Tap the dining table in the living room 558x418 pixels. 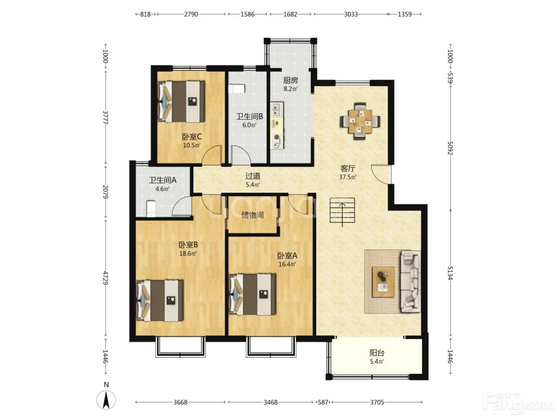tap(360, 121)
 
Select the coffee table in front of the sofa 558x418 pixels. tap(383, 282)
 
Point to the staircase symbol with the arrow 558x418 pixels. tap(342, 211)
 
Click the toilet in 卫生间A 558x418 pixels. tap(151, 209)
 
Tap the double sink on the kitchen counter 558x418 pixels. tap(277, 109)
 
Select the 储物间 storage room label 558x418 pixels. tap(252, 215)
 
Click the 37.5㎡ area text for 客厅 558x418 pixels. tap(348, 177)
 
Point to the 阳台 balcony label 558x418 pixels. tap(377, 353)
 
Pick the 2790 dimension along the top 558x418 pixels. tap(191, 14)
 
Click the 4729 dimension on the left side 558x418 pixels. tap(106, 278)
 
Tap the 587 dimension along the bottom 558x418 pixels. tap(323, 402)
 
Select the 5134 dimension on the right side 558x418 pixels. tap(450, 273)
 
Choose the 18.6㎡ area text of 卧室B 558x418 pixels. tap(188, 253)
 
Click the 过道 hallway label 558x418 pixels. tap(253, 176)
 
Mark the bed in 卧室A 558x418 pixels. tap(252, 295)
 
